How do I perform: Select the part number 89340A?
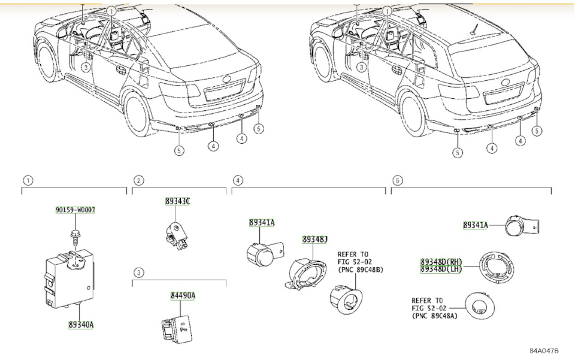80,325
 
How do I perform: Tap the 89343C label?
178,201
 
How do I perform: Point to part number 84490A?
182,296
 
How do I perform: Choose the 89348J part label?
315,240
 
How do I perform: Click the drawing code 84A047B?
543,350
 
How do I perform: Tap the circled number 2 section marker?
139,180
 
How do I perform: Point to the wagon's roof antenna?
475,27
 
